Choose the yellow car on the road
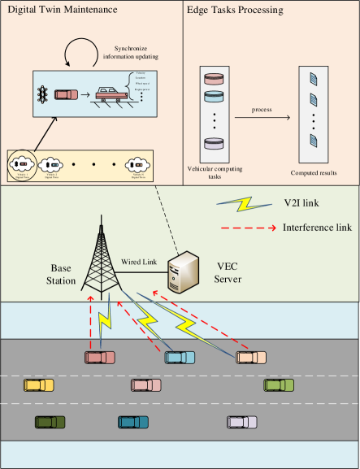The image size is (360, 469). tap(38, 385)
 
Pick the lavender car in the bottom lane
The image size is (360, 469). tap(242, 422)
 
